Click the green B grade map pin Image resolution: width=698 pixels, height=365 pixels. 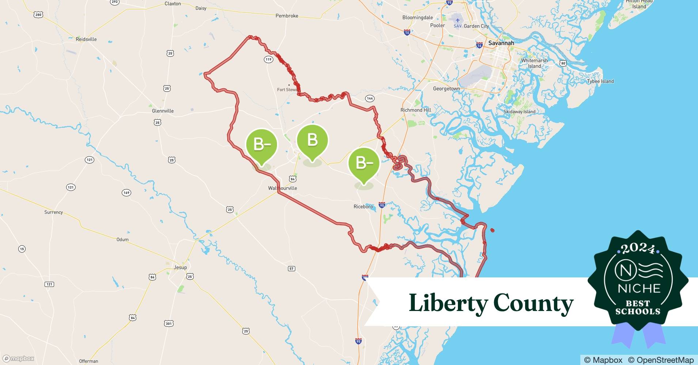[x=312, y=141]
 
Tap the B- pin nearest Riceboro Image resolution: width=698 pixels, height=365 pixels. [x=364, y=163]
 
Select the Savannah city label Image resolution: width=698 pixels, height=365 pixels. [x=501, y=43]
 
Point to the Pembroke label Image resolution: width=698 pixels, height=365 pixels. [x=287, y=16]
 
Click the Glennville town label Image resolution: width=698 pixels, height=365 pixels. [x=163, y=111]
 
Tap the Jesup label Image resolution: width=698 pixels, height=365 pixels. [x=180, y=267]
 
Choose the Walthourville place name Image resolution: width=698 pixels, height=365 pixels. [x=282, y=188]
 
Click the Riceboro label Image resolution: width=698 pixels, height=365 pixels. [x=363, y=207]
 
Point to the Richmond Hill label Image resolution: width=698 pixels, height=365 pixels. [x=416, y=110]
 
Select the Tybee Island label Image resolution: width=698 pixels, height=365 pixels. [x=600, y=81]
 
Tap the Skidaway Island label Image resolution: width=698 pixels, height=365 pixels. [x=519, y=112]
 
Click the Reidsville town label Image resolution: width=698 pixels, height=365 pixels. [x=86, y=39]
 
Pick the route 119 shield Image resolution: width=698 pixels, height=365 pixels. [x=269, y=59]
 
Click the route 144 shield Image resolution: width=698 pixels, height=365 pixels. [x=370, y=99]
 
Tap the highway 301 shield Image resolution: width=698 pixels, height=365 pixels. [x=168, y=323]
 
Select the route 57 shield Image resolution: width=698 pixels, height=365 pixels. [x=291, y=269]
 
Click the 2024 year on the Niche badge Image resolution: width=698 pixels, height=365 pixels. [x=638, y=249]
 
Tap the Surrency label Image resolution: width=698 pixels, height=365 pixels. [x=53, y=212]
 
